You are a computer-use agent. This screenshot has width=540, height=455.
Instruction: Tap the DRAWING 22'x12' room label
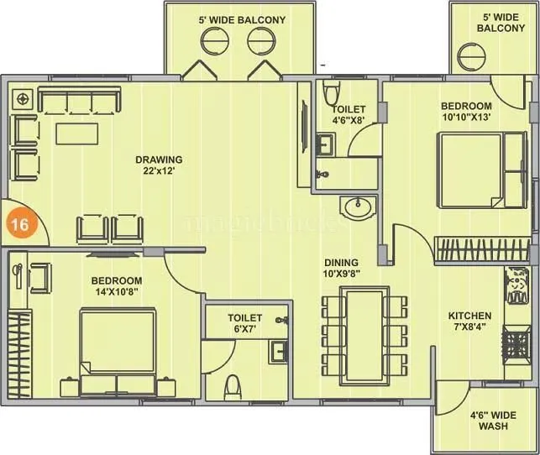[x=162, y=165]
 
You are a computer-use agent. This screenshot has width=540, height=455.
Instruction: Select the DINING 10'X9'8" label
[x=342, y=268]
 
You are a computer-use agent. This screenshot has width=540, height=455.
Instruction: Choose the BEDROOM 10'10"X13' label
[x=466, y=111]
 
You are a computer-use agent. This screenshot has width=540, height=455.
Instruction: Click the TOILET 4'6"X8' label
[x=348, y=114]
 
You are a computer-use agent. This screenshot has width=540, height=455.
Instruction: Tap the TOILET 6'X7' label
[x=245, y=324]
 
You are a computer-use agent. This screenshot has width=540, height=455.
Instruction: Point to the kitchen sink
[x=515, y=285]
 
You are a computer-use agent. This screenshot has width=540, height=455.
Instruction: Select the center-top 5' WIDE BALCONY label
[x=241, y=19]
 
